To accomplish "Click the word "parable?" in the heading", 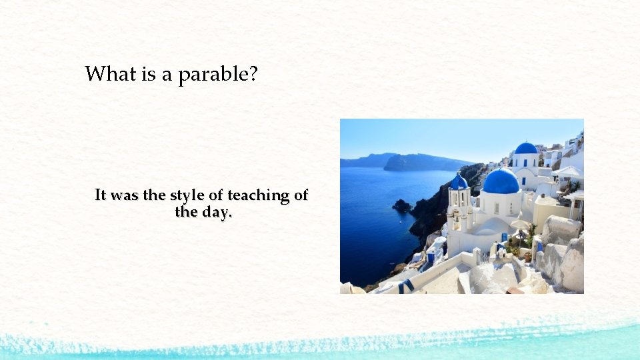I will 217,74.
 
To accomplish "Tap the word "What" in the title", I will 111,73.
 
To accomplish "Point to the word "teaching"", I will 255,195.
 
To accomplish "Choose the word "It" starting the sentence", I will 101,195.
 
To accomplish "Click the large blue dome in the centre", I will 501,181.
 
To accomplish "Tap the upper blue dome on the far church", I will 526,148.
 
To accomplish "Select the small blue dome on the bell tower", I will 459,182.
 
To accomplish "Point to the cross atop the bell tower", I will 459,172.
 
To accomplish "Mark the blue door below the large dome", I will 505,238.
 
